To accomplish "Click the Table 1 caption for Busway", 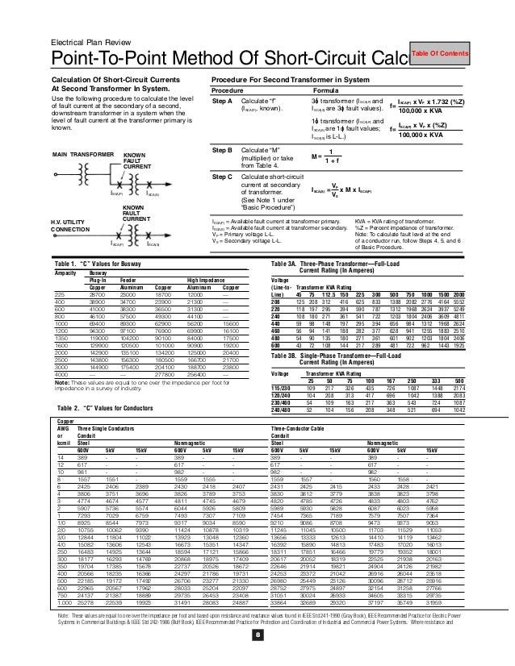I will coord(98,264).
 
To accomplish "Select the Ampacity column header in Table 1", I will coord(65,274).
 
